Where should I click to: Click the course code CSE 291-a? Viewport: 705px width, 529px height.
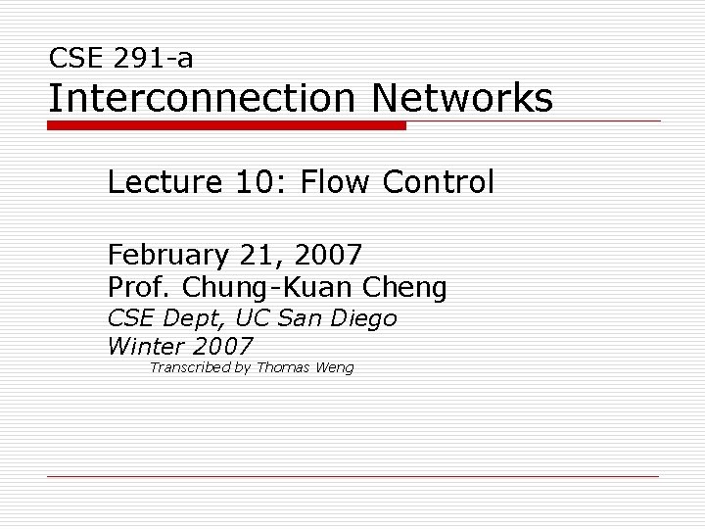coord(120,59)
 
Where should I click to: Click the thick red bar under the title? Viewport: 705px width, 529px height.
coord(226,126)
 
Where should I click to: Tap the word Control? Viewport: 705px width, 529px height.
coord(439,182)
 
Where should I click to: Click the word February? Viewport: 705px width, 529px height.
coord(166,256)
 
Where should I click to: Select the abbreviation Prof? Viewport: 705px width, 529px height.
coord(139,288)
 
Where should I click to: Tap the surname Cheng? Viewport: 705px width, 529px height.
coord(405,288)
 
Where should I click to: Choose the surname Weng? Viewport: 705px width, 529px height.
coord(335,368)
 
